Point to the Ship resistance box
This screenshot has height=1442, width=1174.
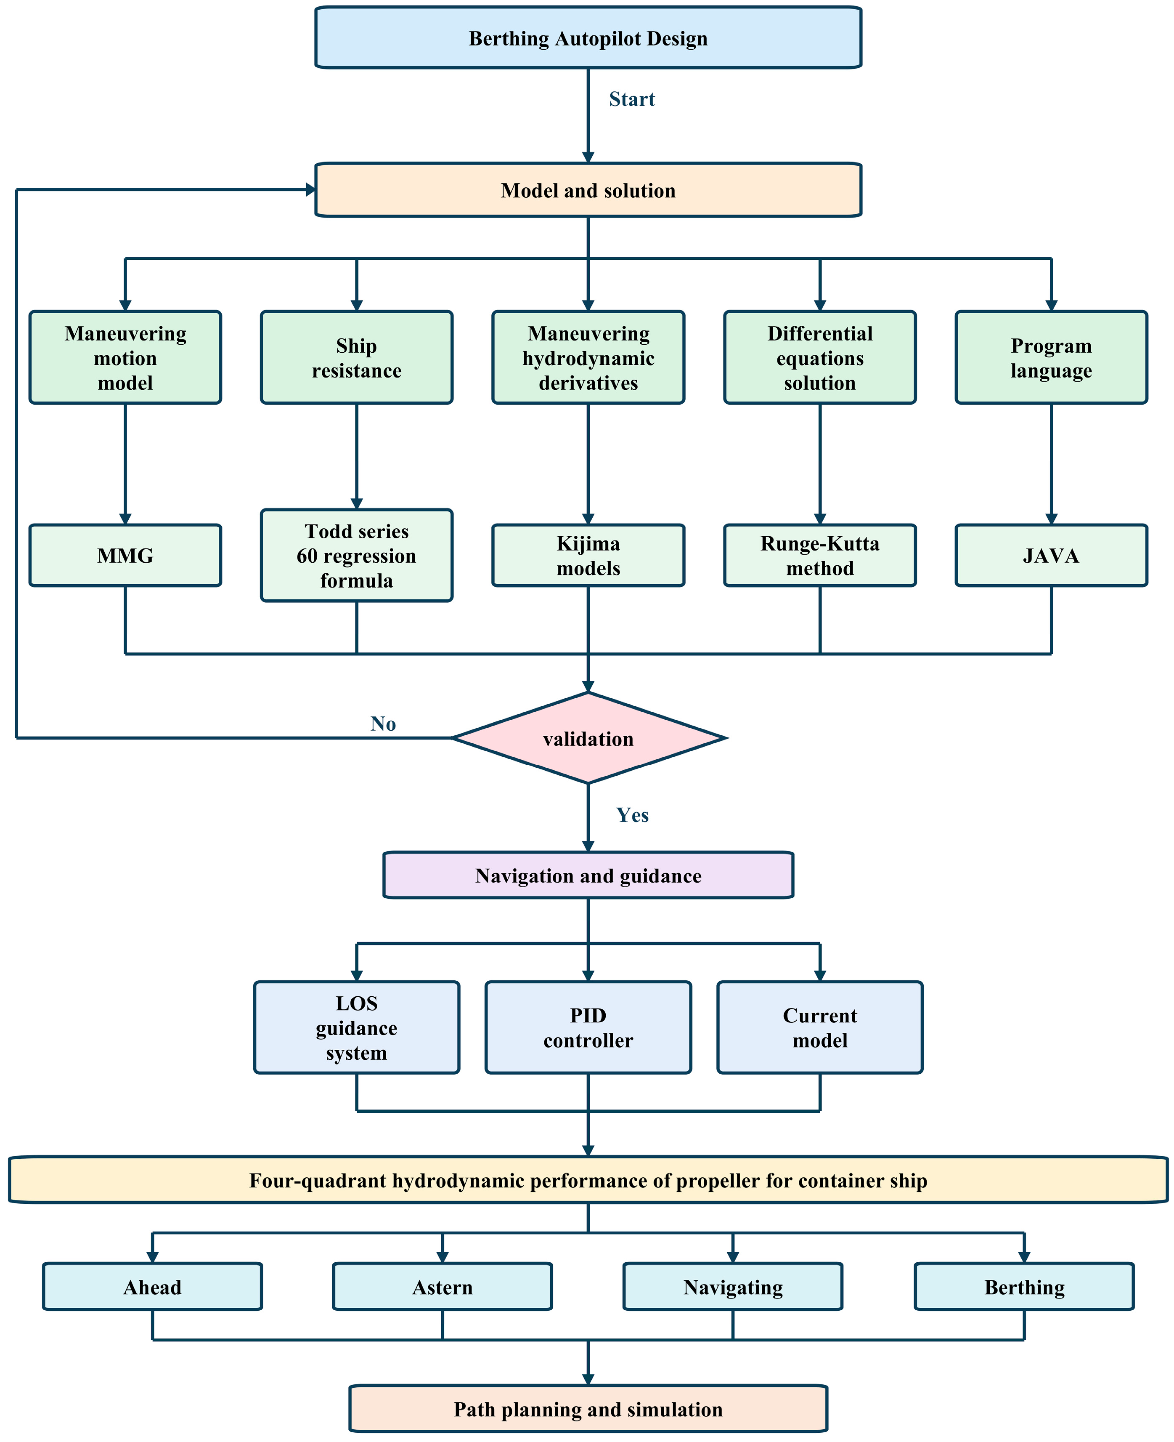point(356,358)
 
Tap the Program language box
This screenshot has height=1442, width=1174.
point(1051,358)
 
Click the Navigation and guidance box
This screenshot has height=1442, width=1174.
point(588,875)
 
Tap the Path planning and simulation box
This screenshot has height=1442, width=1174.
point(588,1409)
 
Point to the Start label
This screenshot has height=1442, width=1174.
point(632,99)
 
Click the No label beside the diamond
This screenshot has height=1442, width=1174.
point(383,724)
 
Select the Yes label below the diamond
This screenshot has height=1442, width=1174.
point(632,815)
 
